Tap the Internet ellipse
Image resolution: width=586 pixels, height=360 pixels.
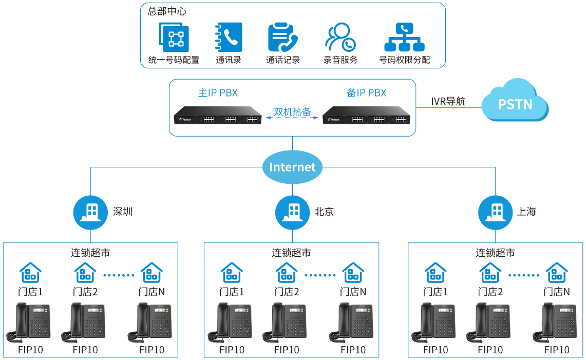click(x=292, y=167)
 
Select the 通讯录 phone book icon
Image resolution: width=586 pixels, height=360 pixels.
click(x=228, y=37)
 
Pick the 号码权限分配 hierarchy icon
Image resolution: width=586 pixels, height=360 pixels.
click(x=404, y=37)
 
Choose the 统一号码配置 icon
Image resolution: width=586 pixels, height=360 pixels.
click(x=173, y=37)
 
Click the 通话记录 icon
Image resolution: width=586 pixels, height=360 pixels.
click(x=282, y=37)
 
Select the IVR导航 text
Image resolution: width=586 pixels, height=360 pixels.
click(x=448, y=101)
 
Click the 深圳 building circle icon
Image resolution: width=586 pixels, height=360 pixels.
click(x=90, y=212)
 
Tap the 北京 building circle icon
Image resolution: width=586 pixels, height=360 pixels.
click(x=292, y=212)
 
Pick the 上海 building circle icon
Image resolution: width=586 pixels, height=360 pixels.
click(x=495, y=212)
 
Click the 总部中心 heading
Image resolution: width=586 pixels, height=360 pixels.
click(x=167, y=11)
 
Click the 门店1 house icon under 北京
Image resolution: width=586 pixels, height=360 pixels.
click(x=232, y=273)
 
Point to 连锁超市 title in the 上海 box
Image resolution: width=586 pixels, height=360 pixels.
click(x=495, y=253)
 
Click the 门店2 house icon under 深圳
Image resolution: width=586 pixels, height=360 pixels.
click(x=85, y=273)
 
